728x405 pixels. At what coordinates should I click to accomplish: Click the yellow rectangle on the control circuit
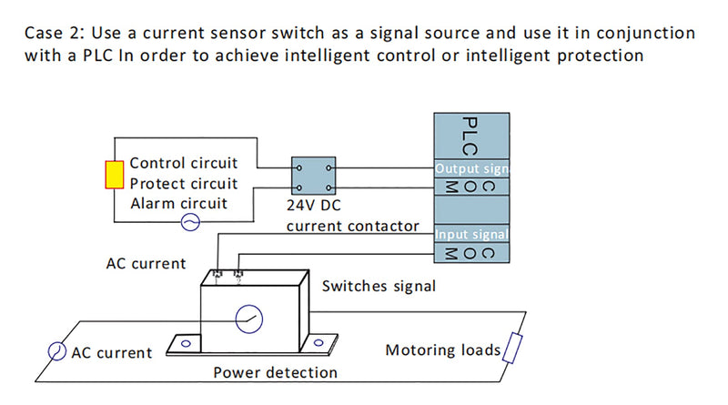pos(114,175)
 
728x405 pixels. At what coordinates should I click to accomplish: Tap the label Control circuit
pos(184,164)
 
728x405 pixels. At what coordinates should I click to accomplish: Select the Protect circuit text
pos(183,183)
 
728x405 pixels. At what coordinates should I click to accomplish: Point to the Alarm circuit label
pos(178,203)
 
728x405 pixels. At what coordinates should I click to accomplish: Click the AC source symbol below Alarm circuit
pos(190,222)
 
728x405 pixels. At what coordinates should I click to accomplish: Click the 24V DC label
pos(313,206)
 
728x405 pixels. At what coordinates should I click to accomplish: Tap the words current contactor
pos(353,226)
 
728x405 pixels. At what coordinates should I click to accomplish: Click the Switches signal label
pos(379,286)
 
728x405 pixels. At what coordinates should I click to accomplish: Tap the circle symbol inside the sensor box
pos(247,319)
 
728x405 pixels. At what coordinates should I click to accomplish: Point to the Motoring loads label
pos(443,350)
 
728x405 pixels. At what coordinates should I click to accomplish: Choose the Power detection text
pos(275,372)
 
